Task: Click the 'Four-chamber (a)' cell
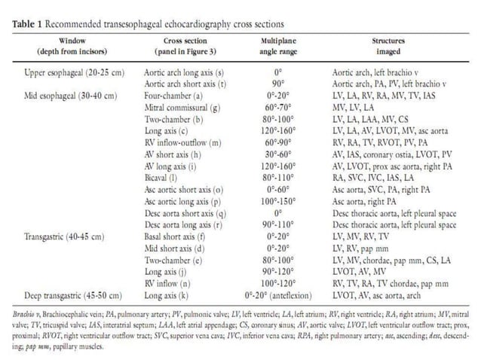tap(171, 96)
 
